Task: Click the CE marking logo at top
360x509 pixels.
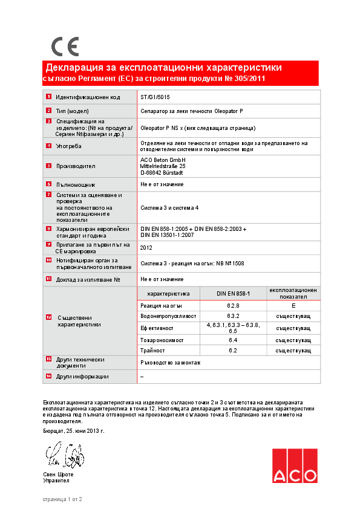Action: click(64, 47)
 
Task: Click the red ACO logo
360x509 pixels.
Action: click(294, 466)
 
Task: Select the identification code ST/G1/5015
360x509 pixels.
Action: click(155, 97)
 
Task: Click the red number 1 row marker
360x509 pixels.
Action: click(48, 97)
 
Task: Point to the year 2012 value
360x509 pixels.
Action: click(146, 247)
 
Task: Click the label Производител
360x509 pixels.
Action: click(76, 166)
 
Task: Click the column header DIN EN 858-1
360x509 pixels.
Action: click(233, 293)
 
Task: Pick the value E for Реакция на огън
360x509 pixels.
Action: click(293, 306)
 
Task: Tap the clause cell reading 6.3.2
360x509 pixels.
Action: click(233, 316)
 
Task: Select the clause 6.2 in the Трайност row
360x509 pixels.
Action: click(233, 350)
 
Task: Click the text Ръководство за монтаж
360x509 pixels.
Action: click(170, 362)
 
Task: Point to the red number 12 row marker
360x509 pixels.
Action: click(48, 317)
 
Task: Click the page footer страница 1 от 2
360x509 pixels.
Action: click(62, 499)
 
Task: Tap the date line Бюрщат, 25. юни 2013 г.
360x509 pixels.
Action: click(74, 431)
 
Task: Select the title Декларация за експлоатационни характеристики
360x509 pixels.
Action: click(163, 67)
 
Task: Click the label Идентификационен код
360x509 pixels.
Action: click(88, 97)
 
